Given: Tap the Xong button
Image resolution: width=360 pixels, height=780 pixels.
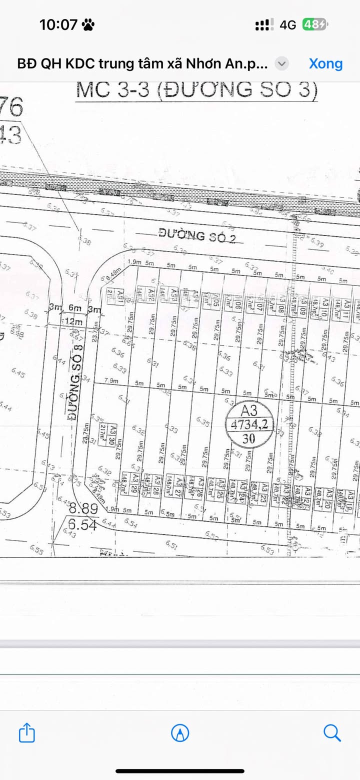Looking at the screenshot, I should coord(325,63).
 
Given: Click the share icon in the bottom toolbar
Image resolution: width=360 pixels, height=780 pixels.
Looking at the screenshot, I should coord(27,733).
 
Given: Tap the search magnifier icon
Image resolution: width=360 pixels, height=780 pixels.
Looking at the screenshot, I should coord(332,733).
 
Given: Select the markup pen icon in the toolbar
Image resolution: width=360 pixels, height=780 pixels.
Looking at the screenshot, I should coord(180,733).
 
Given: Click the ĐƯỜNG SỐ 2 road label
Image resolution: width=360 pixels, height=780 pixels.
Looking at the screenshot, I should coord(197,234).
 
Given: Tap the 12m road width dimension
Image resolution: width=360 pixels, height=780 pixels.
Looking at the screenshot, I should coord(70,321).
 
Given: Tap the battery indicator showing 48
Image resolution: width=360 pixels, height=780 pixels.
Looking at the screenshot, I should coord(314,24).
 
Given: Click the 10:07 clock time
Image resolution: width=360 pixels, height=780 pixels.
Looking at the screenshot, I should coord(58,24).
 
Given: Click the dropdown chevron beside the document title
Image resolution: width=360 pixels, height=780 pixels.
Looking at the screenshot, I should coord(282,63).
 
